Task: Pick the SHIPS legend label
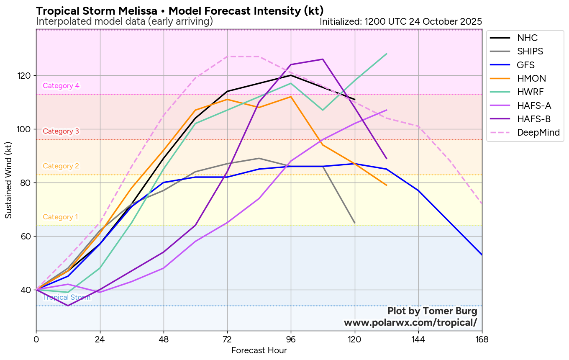pyautogui.click(x=530, y=51)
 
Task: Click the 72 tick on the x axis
pyautogui.click(x=227, y=339)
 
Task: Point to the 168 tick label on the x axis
pyautogui.click(x=482, y=339)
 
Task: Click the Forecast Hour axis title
pyautogui.click(x=259, y=350)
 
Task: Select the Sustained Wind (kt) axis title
pyautogui.click(x=8, y=180)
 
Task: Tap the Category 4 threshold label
pyautogui.click(x=61, y=86)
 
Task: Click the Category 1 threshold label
pyautogui.click(x=60, y=217)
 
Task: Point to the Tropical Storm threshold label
pyautogui.click(x=67, y=298)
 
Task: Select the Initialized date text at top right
pyautogui.click(x=401, y=21)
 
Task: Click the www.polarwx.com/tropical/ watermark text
pyautogui.click(x=410, y=323)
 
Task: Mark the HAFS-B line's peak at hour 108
pyautogui.click(x=323, y=59)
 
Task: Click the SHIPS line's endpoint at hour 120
pyautogui.click(x=355, y=223)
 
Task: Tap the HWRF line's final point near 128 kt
pyautogui.click(x=387, y=54)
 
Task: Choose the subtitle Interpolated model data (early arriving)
pyautogui.click(x=124, y=21)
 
